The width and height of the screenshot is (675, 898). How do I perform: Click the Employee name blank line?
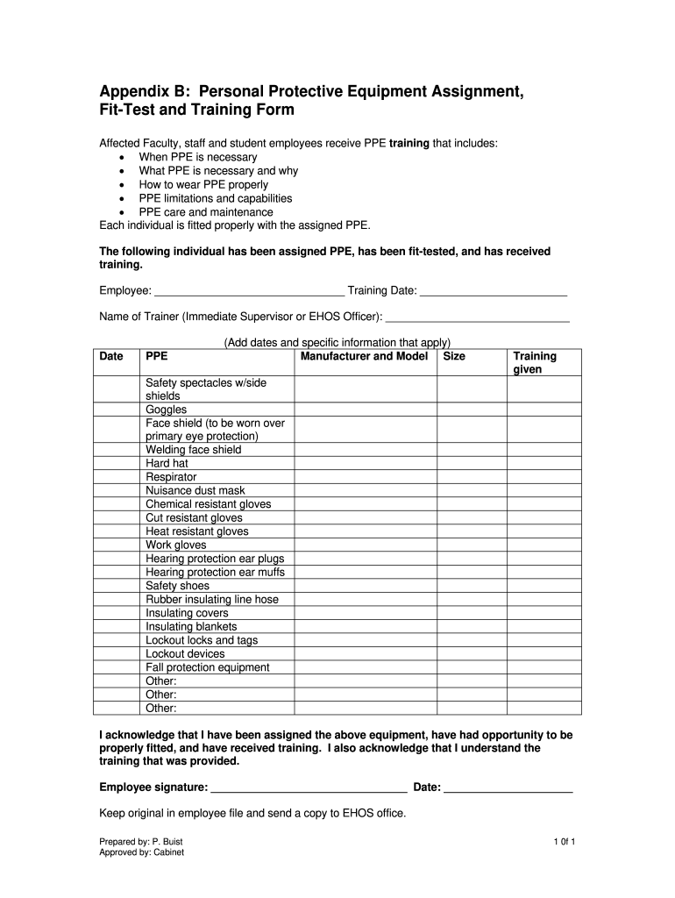pos(249,292)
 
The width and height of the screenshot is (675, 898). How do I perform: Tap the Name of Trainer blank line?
pos(477,317)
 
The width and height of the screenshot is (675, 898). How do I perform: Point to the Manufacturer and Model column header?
pos(364,357)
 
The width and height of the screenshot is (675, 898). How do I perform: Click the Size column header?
pos(455,357)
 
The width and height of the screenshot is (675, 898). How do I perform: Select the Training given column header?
pos(535,363)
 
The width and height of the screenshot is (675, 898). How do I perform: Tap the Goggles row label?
pos(166,410)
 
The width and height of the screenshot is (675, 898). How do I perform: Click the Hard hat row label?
pos(167,463)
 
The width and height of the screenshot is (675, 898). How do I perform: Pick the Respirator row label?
pos(171,477)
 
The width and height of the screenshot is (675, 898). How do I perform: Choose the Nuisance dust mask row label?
pos(195,491)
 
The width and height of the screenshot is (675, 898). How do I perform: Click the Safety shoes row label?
pos(177,586)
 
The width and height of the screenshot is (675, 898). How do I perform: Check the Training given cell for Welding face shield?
pos(544,450)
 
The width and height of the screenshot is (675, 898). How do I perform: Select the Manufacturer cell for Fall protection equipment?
pos(365,667)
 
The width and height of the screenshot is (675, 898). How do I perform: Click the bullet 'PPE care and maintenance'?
pos(206,212)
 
